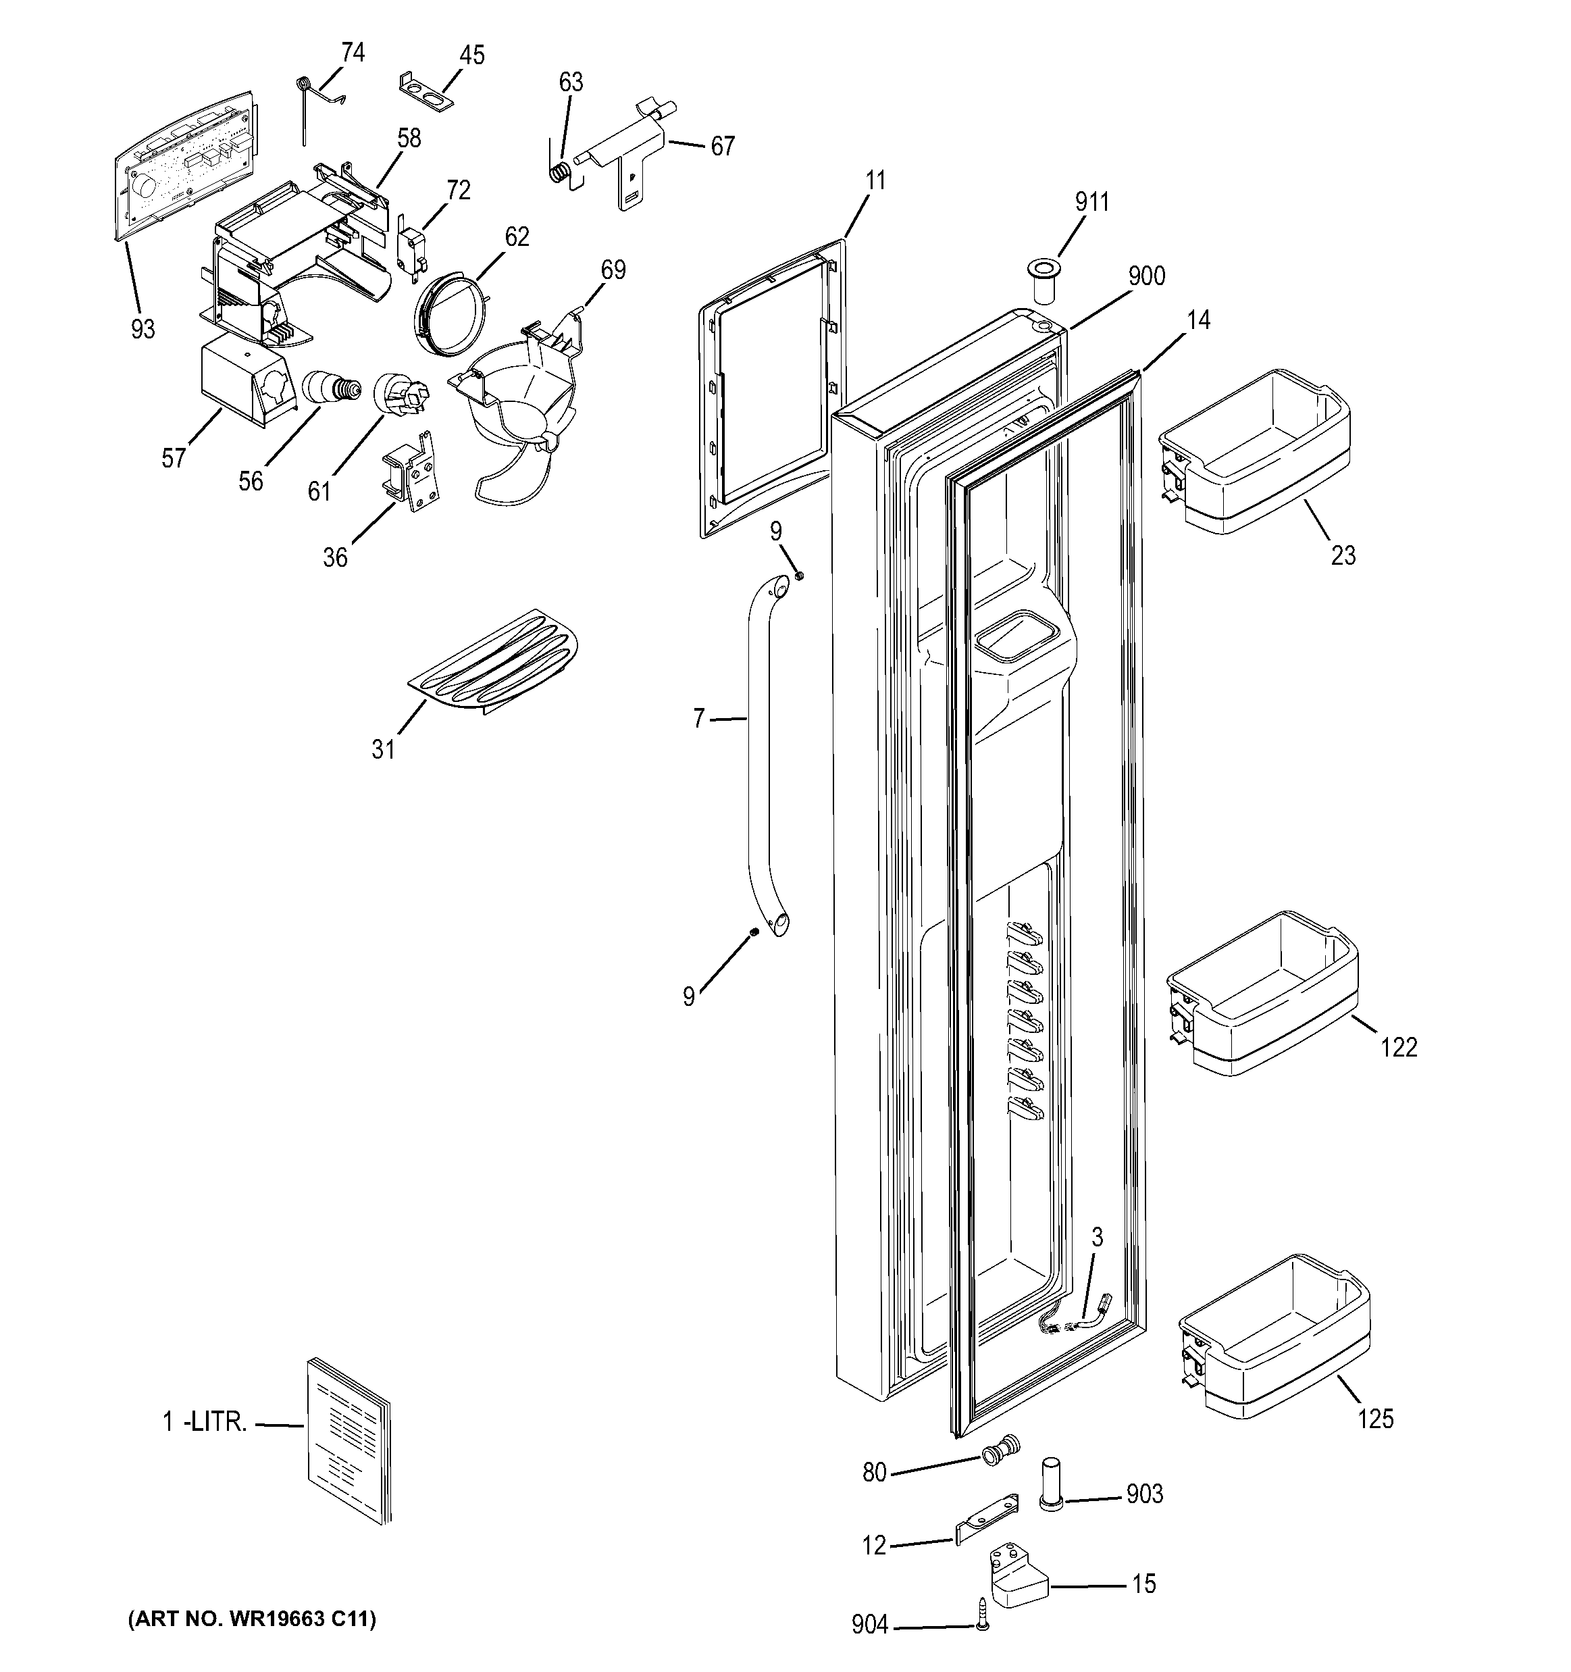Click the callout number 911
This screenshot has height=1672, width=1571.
click(x=1091, y=203)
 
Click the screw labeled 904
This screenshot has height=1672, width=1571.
click(x=982, y=1627)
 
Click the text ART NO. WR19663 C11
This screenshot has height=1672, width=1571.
click(x=251, y=1619)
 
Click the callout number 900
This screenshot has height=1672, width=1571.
click(x=1145, y=276)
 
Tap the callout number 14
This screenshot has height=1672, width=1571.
click(x=1198, y=320)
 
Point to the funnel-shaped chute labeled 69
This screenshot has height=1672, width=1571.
click(x=521, y=404)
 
